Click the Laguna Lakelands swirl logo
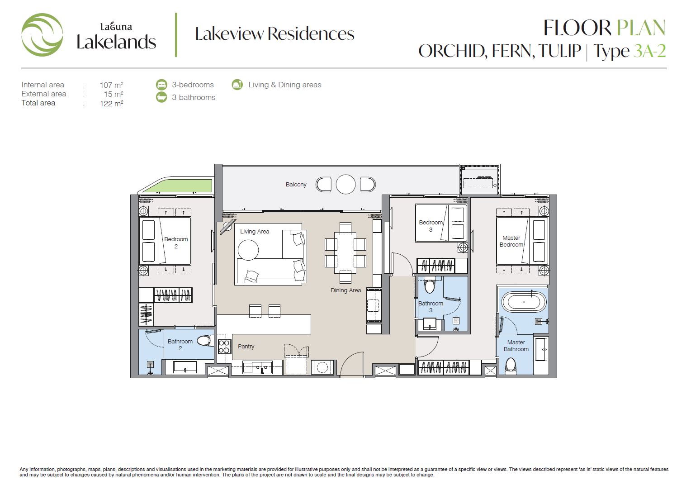point(42,35)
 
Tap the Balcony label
point(296,185)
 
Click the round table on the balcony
point(345,185)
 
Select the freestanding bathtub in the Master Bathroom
point(524,301)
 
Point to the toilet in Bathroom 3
point(430,285)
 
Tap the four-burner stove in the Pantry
point(225,346)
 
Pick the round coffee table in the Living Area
point(248,250)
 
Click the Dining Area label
point(345,290)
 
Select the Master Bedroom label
point(511,241)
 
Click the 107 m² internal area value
point(111,85)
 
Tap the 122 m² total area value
point(111,103)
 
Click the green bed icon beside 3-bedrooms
point(161,85)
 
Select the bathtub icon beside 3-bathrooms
point(161,97)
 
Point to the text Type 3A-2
point(629,51)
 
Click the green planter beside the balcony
point(178,186)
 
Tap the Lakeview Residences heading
point(275,33)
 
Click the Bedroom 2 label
point(176,243)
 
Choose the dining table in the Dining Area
point(345,252)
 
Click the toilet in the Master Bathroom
point(511,366)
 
